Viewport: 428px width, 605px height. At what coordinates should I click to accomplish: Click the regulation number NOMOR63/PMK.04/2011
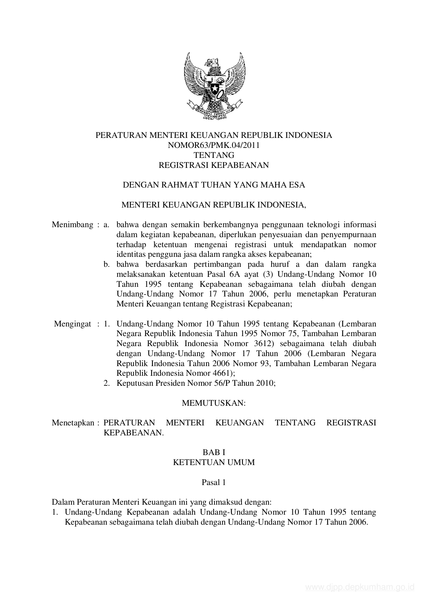[214, 145]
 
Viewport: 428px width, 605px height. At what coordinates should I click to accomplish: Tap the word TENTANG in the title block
[214, 155]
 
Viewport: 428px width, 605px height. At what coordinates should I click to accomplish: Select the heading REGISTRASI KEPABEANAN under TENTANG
[214, 165]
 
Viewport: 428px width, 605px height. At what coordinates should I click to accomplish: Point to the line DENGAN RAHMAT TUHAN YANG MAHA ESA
[214, 185]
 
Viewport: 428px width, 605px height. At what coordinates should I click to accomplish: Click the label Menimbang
[72, 225]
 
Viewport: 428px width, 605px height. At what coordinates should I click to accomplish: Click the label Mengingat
[73, 324]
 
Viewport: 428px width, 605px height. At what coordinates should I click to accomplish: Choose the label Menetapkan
[73, 423]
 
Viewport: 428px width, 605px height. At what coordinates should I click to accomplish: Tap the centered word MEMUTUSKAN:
[214, 403]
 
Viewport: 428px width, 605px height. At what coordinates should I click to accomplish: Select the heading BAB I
[214, 453]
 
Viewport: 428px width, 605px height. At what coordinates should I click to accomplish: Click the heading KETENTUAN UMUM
[214, 463]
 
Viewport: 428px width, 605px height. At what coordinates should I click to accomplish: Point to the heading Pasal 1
[214, 483]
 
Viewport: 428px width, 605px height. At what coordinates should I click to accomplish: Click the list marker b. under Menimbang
[107, 265]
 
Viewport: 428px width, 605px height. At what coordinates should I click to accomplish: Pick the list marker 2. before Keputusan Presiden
[107, 383]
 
